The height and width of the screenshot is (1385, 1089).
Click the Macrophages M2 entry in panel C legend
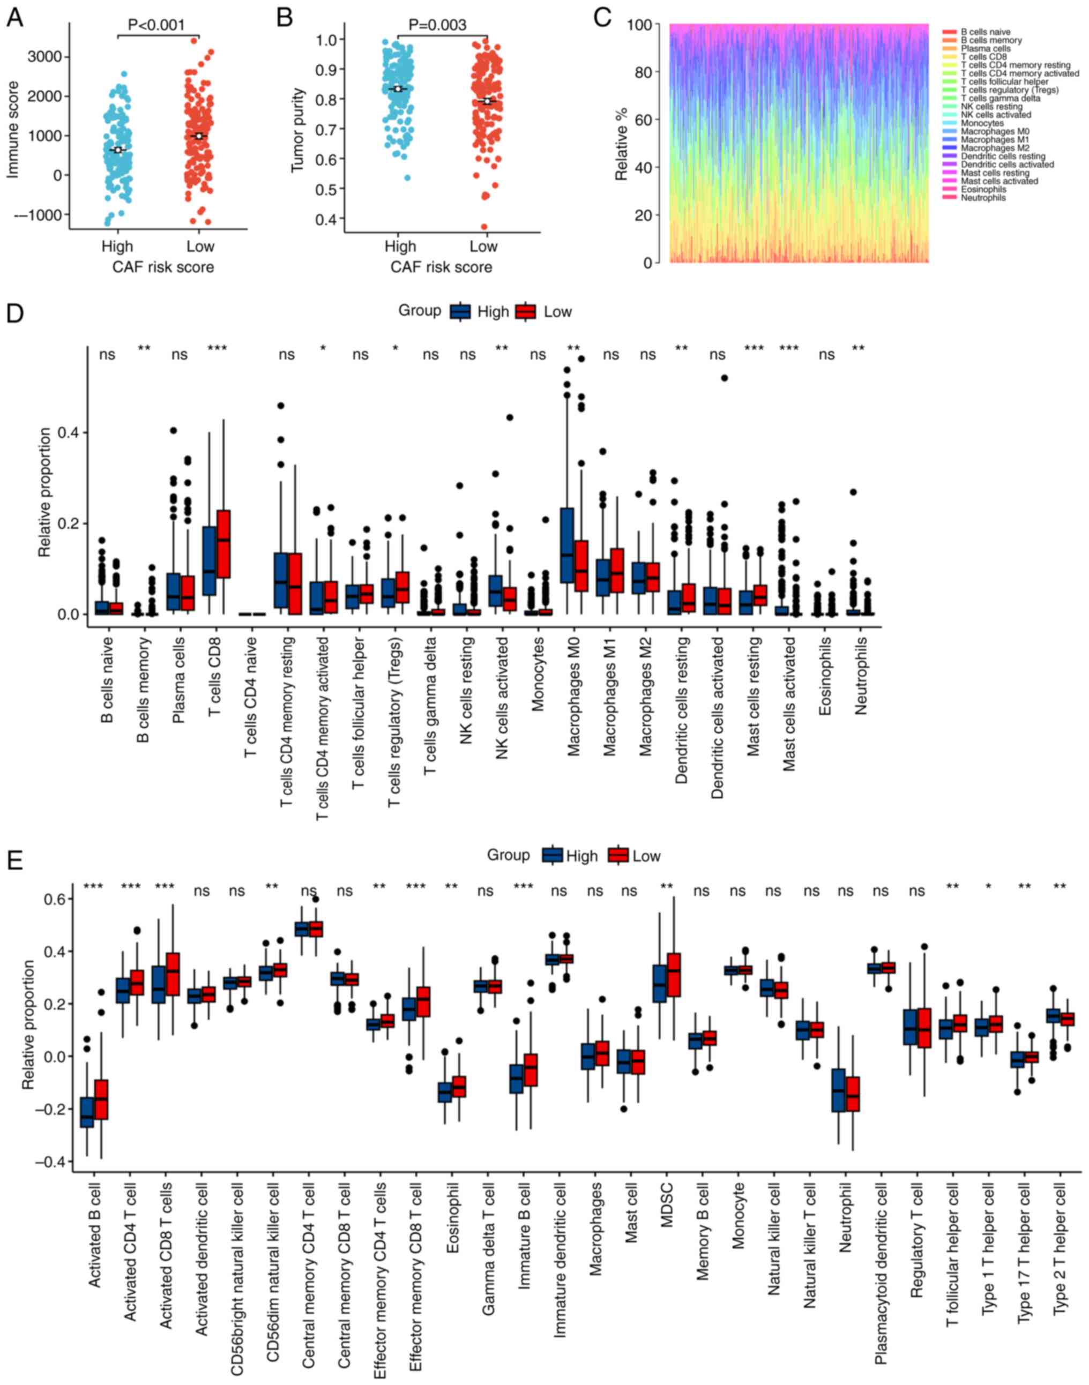tap(995, 148)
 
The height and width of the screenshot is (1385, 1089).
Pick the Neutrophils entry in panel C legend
tap(983, 198)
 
